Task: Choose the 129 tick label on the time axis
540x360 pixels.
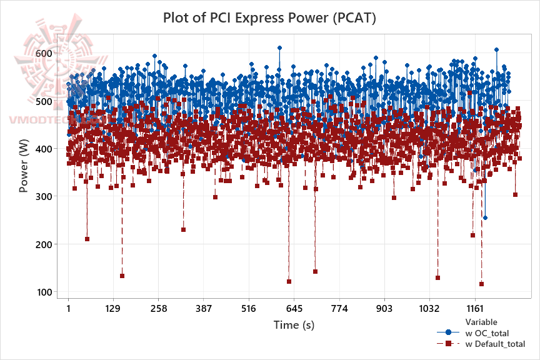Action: [112, 309]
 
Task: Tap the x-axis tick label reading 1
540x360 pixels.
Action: [68, 309]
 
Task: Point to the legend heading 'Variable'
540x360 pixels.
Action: [481, 322]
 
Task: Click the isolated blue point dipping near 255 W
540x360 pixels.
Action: [485, 218]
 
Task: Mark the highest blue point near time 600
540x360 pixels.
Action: [279, 47]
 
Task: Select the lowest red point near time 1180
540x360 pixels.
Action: [481, 284]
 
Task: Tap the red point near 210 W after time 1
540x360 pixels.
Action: [87, 239]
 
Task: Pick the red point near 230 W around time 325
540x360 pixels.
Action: [183, 229]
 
